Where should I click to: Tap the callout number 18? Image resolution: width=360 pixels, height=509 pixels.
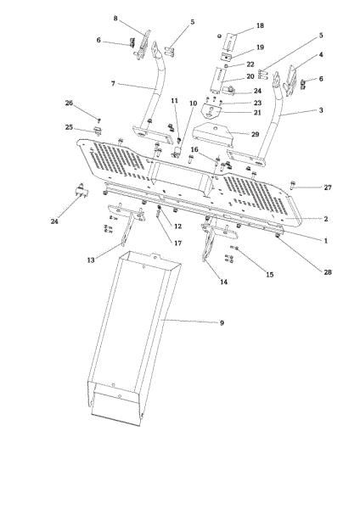coord(260,26)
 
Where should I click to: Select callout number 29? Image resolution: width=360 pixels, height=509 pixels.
coord(254,134)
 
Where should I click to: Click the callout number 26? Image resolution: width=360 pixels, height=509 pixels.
coord(93,104)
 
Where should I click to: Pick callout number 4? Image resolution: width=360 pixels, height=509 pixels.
coord(297,56)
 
